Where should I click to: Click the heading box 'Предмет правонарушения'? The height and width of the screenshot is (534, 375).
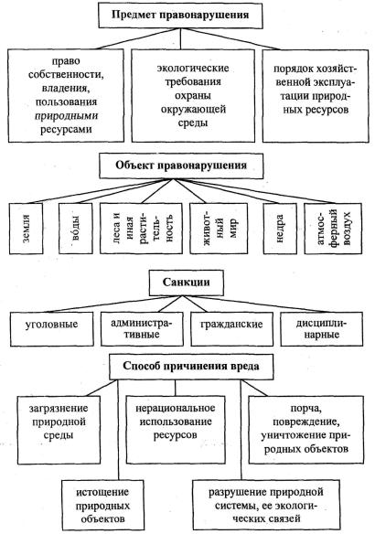point(180,16)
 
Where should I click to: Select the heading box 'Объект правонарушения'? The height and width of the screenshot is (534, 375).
point(181,166)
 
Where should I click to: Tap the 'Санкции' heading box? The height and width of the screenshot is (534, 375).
point(187,283)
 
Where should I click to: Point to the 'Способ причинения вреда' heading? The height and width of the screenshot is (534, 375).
point(191,367)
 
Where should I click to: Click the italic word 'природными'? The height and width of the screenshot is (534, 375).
point(66,116)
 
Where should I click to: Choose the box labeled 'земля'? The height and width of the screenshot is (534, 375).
point(27,229)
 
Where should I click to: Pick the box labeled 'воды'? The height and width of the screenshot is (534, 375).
point(76,229)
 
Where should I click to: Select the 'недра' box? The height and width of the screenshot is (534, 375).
point(280,229)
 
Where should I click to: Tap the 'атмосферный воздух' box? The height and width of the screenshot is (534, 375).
point(333,229)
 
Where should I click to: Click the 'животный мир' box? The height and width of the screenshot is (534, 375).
point(219,229)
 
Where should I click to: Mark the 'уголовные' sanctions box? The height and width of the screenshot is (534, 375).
point(52,329)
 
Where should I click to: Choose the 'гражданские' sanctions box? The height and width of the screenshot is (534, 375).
point(231,329)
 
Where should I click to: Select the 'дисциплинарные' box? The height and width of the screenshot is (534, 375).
point(322,329)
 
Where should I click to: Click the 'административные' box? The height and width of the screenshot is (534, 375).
point(142,329)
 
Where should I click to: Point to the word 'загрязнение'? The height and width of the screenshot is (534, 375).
point(59,409)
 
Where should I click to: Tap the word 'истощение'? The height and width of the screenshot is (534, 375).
point(102,492)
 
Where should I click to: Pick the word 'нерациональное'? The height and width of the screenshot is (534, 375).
point(176,408)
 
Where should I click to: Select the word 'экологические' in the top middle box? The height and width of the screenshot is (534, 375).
point(193,69)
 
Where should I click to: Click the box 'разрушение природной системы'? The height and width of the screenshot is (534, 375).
point(266,506)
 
